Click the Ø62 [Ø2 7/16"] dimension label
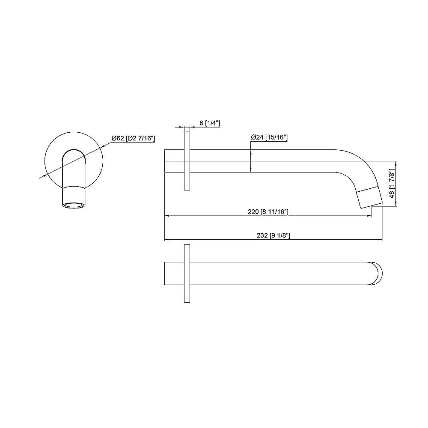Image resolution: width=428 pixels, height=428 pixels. [133, 138]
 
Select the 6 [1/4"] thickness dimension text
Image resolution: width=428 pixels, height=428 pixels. [210, 123]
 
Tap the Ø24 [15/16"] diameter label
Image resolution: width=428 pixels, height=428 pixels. [269, 137]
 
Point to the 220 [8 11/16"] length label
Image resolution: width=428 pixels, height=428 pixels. [268, 212]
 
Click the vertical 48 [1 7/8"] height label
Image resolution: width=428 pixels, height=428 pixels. [391, 184]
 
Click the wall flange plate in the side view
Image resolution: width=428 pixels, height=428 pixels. [187, 161]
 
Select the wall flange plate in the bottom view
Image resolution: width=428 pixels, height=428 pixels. [187, 273]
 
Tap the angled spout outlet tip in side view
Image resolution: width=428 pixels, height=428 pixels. [369, 197]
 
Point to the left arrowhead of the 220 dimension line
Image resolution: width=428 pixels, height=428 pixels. [167, 216]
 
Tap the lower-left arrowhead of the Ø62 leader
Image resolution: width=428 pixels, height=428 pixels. [41, 177]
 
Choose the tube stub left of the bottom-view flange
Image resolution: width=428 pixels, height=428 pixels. [174, 273]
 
